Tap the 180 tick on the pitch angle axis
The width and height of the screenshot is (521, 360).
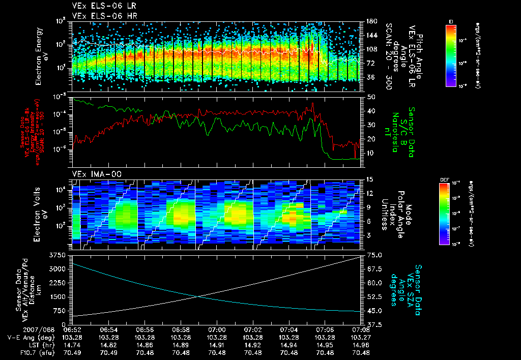(370, 21)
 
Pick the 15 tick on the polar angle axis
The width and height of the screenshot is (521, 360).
(369, 179)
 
